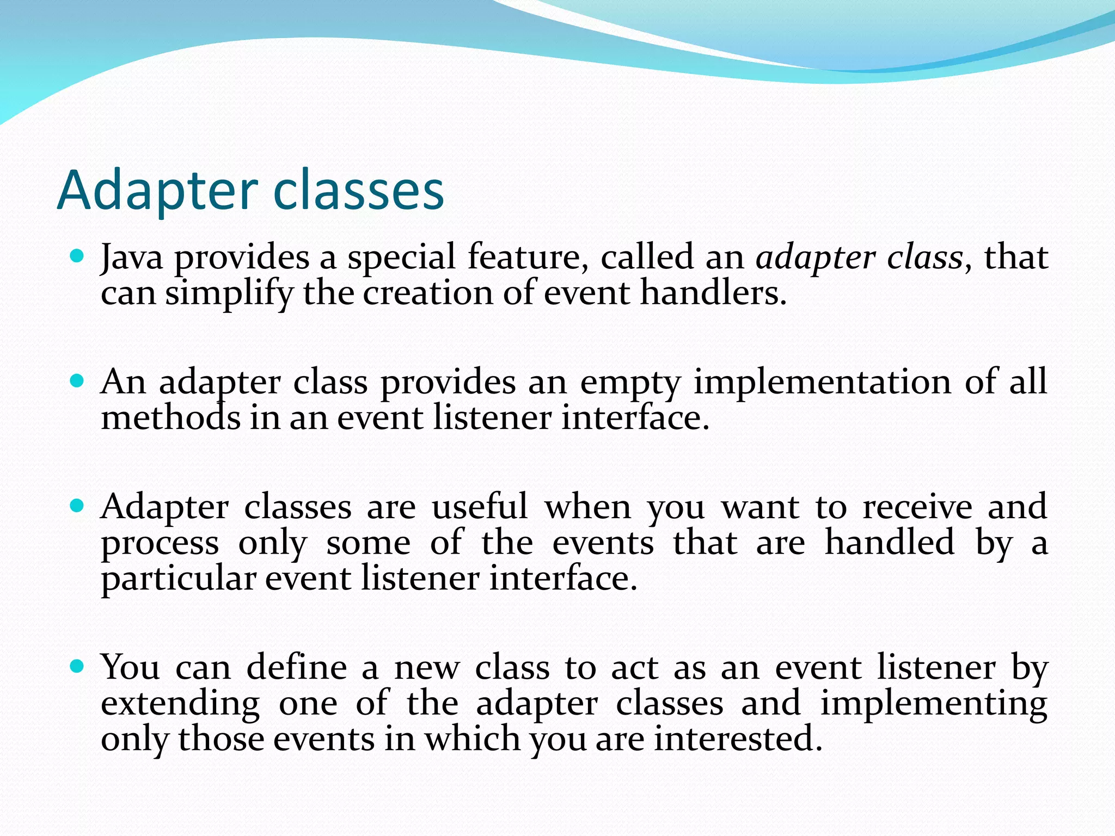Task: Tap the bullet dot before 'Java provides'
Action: coord(77,255)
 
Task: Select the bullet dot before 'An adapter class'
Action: coord(77,380)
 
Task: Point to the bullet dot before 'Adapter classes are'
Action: coord(77,506)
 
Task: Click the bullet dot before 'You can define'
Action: coord(77,666)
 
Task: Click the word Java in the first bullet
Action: coord(132,257)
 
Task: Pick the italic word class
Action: coord(924,257)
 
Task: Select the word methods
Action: coord(170,418)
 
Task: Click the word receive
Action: coord(917,507)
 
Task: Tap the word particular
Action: coord(178,579)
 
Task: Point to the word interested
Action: coord(738,739)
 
